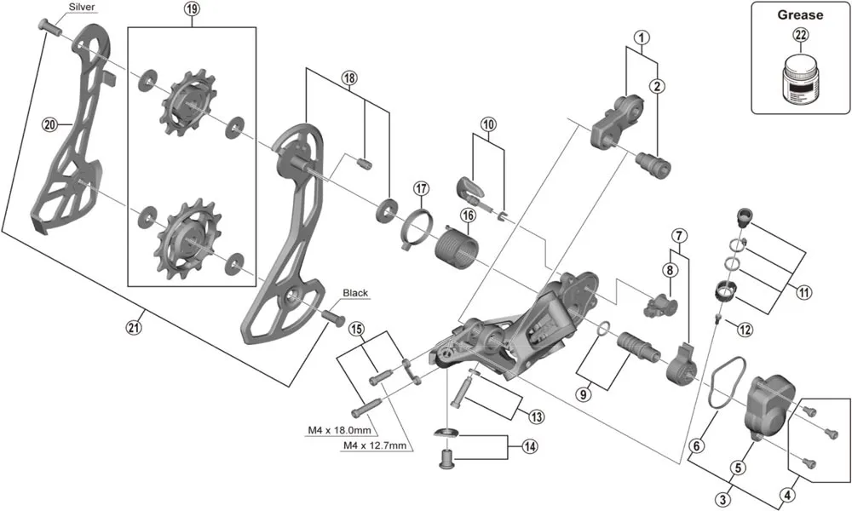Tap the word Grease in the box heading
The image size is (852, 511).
click(x=800, y=14)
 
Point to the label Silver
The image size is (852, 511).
click(x=82, y=7)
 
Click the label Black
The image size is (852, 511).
click(x=355, y=293)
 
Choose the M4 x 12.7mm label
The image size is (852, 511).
click(x=374, y=445)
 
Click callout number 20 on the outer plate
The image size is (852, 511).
click(x=49, y=124)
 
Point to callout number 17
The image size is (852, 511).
click(x=420, y=188)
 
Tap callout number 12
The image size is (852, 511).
click(x=744, y=329)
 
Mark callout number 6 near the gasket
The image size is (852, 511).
click(x=697, y=445)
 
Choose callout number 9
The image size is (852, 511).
click(x=583, y=393)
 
